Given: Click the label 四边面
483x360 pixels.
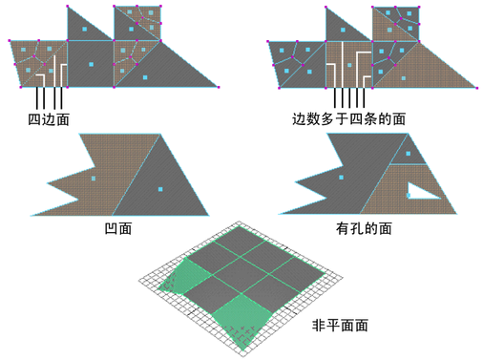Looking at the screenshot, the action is [49, 119].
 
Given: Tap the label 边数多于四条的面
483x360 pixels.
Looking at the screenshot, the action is [349, 119].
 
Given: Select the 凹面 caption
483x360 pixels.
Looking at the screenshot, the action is [118, 228].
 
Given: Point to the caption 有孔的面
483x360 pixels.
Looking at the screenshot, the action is [364, 228].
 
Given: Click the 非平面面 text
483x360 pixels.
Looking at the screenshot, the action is [340, 326].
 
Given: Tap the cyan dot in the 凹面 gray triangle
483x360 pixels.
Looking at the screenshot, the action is [160, 189].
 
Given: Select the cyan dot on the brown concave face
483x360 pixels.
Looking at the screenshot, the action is [94, 179].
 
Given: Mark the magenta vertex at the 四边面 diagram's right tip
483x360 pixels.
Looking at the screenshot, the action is [219, 87].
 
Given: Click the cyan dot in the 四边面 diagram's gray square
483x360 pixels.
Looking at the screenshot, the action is [91, 64].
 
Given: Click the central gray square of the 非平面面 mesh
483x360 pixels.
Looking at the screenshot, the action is [241, 274].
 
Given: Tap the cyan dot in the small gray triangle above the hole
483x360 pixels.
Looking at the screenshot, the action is [408, 154].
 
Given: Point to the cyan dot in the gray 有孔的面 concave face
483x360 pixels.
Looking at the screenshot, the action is [341, 178].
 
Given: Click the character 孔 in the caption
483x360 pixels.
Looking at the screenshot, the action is [357, 228].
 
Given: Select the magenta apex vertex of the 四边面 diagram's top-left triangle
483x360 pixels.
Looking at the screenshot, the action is [68, 7].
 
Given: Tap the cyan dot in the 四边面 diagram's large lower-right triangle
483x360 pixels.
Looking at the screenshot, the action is [145, 77].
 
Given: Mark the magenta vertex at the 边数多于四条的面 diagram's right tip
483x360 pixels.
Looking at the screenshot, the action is [476, 88].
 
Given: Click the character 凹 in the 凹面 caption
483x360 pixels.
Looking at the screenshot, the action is [111, 228].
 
